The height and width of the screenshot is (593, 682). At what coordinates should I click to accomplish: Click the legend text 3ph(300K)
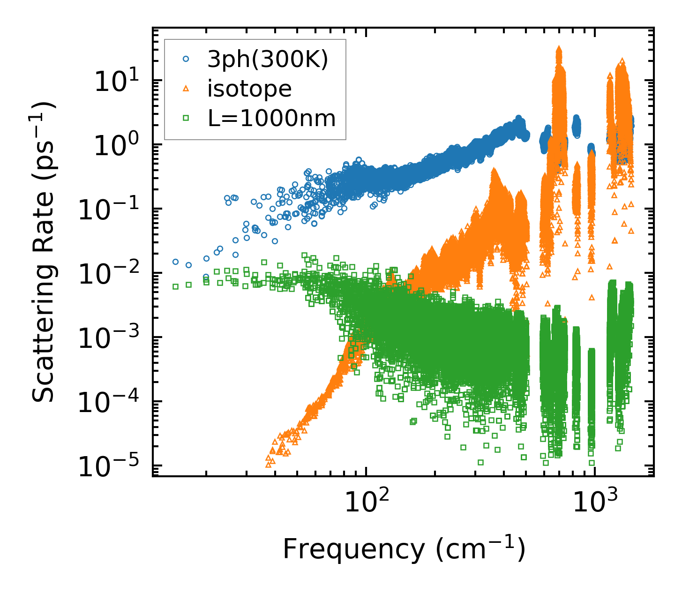coord(268,60)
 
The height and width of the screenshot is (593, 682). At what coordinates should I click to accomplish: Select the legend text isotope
coord(249,89)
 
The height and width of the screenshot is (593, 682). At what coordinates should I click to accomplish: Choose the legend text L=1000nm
coord(272,119)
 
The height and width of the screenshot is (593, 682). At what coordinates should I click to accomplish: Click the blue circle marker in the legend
coord(186,59)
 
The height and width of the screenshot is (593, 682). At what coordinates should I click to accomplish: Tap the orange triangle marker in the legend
coord(186,89)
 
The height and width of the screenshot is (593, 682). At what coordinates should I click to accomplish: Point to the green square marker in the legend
coord(186,119)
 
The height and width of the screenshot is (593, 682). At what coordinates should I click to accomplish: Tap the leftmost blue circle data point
coord(175,262)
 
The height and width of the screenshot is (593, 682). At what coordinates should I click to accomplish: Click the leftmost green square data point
coord(175,286)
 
